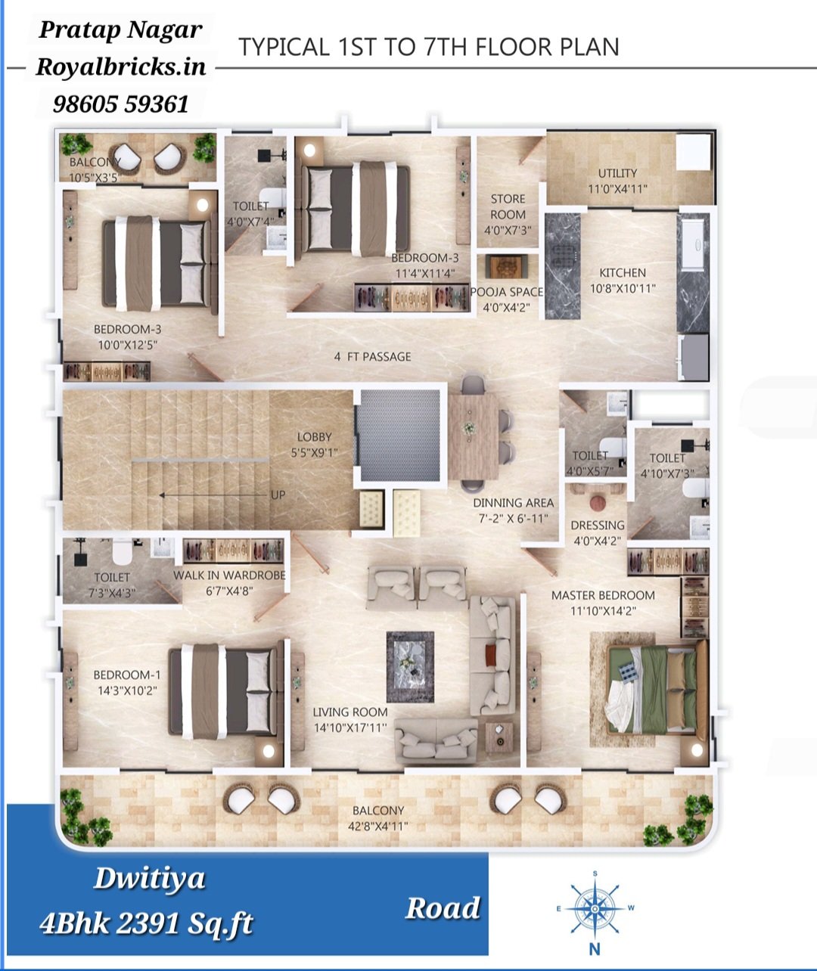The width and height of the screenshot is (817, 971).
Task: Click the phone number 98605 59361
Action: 121,104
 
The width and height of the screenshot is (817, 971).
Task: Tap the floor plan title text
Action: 428,48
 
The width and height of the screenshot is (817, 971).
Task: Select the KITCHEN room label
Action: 622,272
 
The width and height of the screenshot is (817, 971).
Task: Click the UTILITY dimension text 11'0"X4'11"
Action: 617,189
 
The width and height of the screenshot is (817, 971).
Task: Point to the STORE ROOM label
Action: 508,207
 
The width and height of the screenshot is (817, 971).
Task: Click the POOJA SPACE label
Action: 507,292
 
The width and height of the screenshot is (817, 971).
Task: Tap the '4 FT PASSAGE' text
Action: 373,357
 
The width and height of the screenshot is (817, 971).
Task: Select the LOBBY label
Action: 315,437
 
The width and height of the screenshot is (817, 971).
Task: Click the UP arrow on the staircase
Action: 215,495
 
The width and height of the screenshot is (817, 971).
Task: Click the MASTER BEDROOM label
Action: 603,595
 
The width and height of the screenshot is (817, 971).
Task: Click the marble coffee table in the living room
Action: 410,667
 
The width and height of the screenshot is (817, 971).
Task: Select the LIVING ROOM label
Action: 350,712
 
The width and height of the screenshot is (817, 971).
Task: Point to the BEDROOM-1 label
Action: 127,675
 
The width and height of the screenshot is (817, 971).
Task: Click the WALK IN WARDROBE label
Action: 229,575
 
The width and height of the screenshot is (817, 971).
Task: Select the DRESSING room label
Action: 598,526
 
